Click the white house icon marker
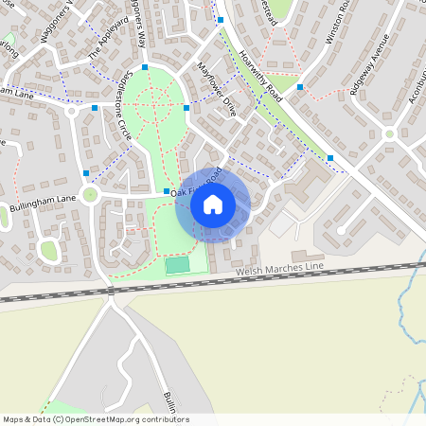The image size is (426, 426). pos(213,204)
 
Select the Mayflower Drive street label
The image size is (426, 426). pos(218,90)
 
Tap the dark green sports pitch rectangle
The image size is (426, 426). pos(177,265)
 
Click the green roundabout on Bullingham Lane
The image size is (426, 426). pos(90,196)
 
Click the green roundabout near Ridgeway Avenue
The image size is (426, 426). pos(339,230)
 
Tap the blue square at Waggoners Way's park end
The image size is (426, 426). pos(144,66)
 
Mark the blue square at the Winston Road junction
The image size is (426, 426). pos(299,87)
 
